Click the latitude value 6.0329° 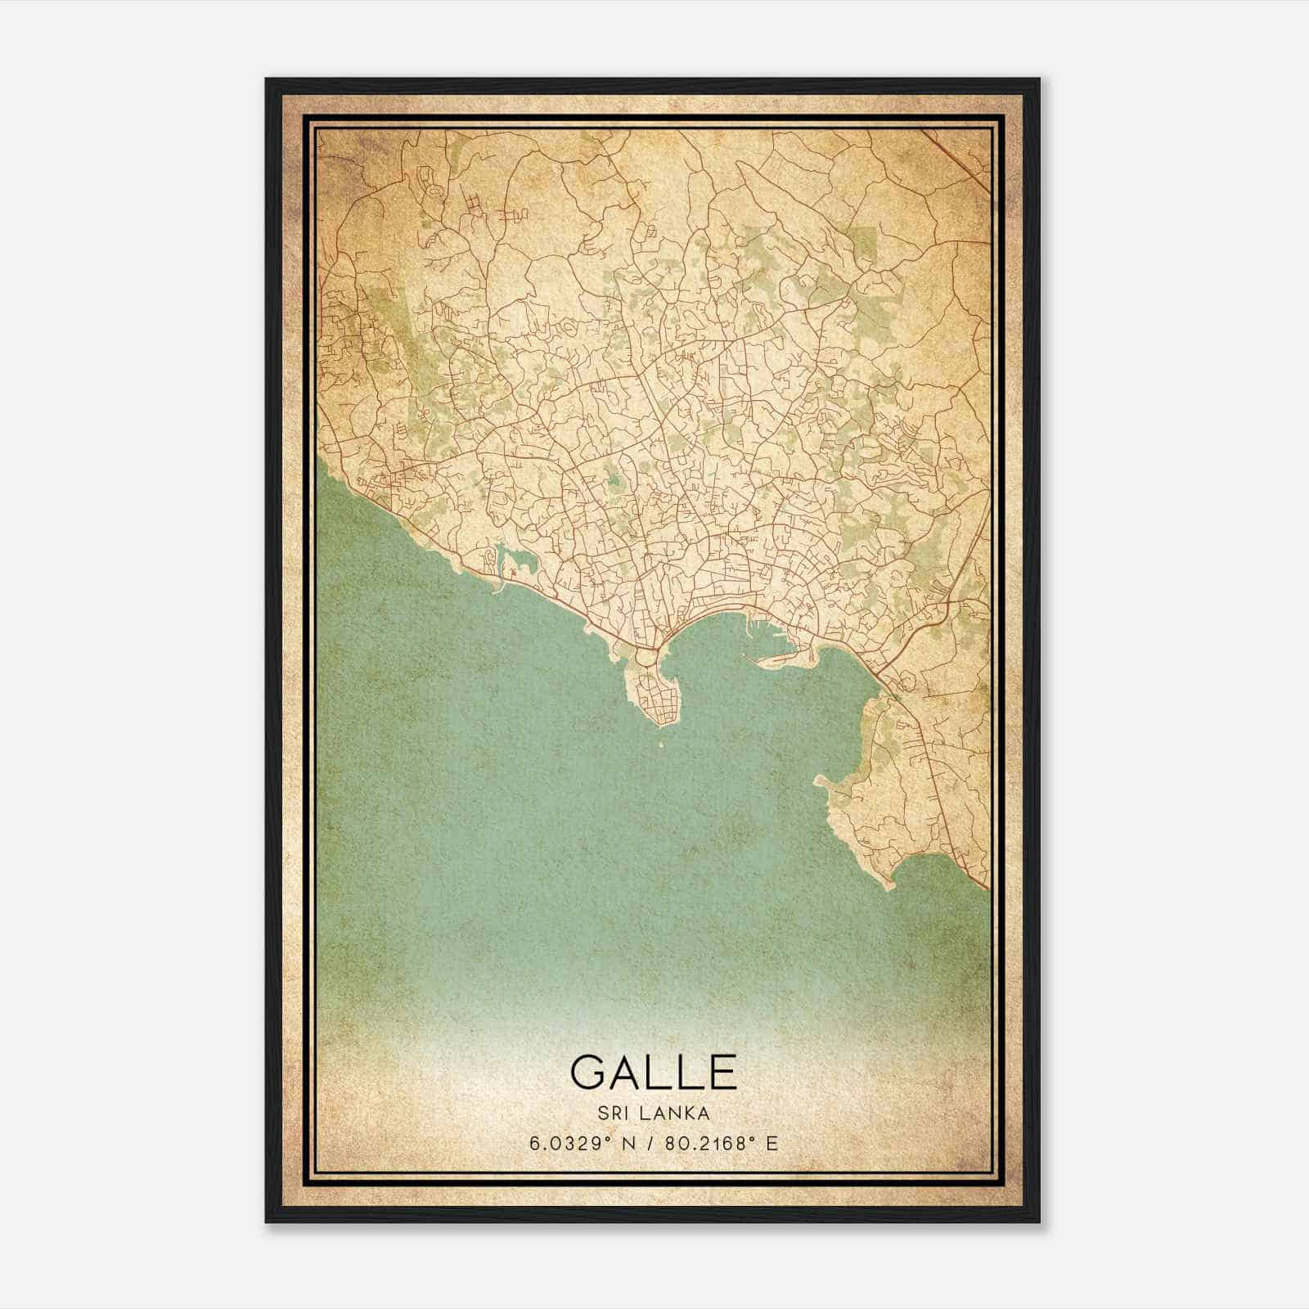pos(569,1143)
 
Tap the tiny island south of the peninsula pos(661,745)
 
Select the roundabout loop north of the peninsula pos(648,656)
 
